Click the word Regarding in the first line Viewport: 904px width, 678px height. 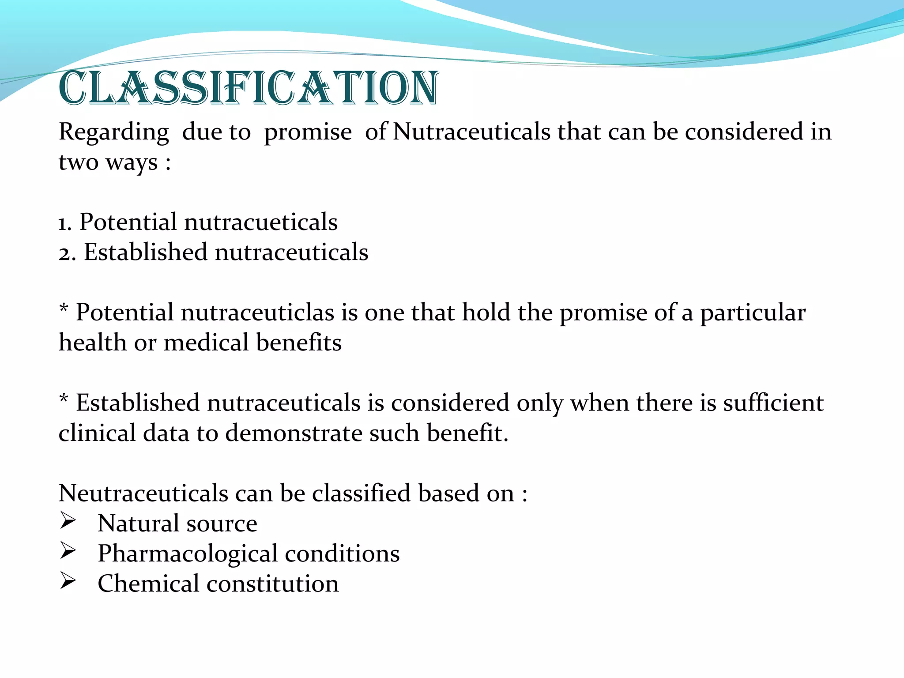pos(114,132)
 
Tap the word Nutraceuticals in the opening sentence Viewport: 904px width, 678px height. pos(471,132)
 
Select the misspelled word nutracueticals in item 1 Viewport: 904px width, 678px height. pos(260,222)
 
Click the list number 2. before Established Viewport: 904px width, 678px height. pos(67,253)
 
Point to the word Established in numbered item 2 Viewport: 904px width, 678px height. pos(145,252)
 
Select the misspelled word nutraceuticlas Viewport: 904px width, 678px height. pos(257,313)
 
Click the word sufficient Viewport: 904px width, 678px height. pos(773,403)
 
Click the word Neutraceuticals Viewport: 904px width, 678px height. pos(143,493)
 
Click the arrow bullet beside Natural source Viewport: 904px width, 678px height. pos(68,521)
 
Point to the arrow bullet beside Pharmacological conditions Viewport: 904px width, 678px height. pos(68,551)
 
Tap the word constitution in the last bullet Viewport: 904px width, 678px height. pos(272,584)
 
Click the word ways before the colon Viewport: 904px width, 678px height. pos(132,163)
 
